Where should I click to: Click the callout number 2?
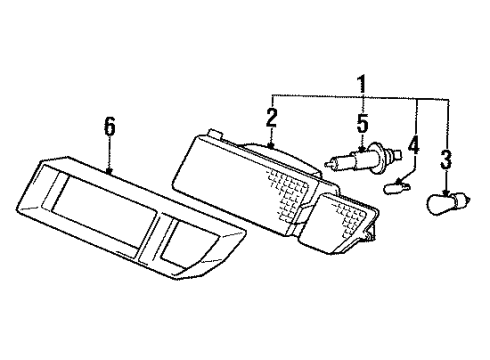pyautogui.click(x=271, y=118)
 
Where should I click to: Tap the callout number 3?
pyautogui.click(x=447, y=159)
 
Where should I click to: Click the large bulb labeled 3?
pyautogui.click(x=444, y=206)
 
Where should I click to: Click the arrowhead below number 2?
pyautogui.click(x=271, y=147)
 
